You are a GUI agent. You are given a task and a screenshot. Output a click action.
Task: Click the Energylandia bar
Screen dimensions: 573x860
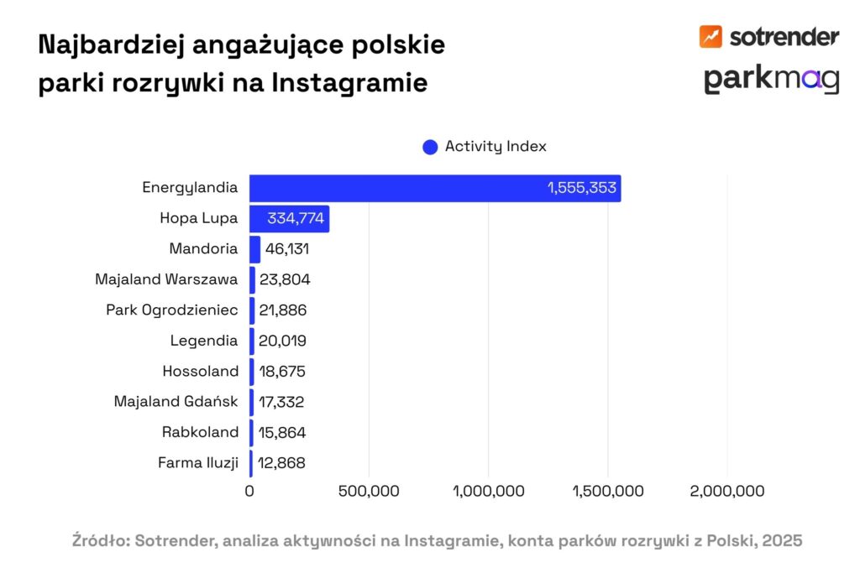(x=435, y=188)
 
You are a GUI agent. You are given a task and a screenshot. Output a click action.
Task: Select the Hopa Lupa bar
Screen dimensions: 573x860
(x=289, y=219)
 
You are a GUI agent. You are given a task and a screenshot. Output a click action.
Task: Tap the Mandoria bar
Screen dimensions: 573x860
(x=254, y=249)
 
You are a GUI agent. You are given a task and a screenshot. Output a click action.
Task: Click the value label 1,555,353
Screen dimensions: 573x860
(x=582, y=188)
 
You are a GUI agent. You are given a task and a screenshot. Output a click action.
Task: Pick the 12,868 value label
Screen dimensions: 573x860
(x=282, y=462)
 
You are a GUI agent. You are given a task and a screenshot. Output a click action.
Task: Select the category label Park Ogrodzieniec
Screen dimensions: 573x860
(x=172, y=310)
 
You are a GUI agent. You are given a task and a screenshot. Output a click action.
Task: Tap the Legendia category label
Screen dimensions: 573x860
(x=204, y=341)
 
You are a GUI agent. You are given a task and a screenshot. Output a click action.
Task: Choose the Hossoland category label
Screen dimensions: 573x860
(x=200, y=371)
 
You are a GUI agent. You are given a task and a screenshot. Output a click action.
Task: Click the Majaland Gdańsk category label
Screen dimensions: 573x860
(x=176, y=401)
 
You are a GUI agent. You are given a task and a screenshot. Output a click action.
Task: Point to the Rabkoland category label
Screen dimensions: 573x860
(x=200, y=432)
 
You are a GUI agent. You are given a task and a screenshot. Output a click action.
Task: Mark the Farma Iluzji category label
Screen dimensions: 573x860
(x=198, y=462)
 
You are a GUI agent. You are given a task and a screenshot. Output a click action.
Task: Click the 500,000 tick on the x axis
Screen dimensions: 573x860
(x=369, y=491)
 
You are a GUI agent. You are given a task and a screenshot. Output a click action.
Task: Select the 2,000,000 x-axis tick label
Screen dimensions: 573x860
(x=727, y=491)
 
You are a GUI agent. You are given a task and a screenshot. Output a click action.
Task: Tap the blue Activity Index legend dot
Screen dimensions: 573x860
(x=430, y=147)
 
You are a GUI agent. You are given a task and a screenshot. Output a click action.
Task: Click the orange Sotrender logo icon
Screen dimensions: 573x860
(x=711, y=36)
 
